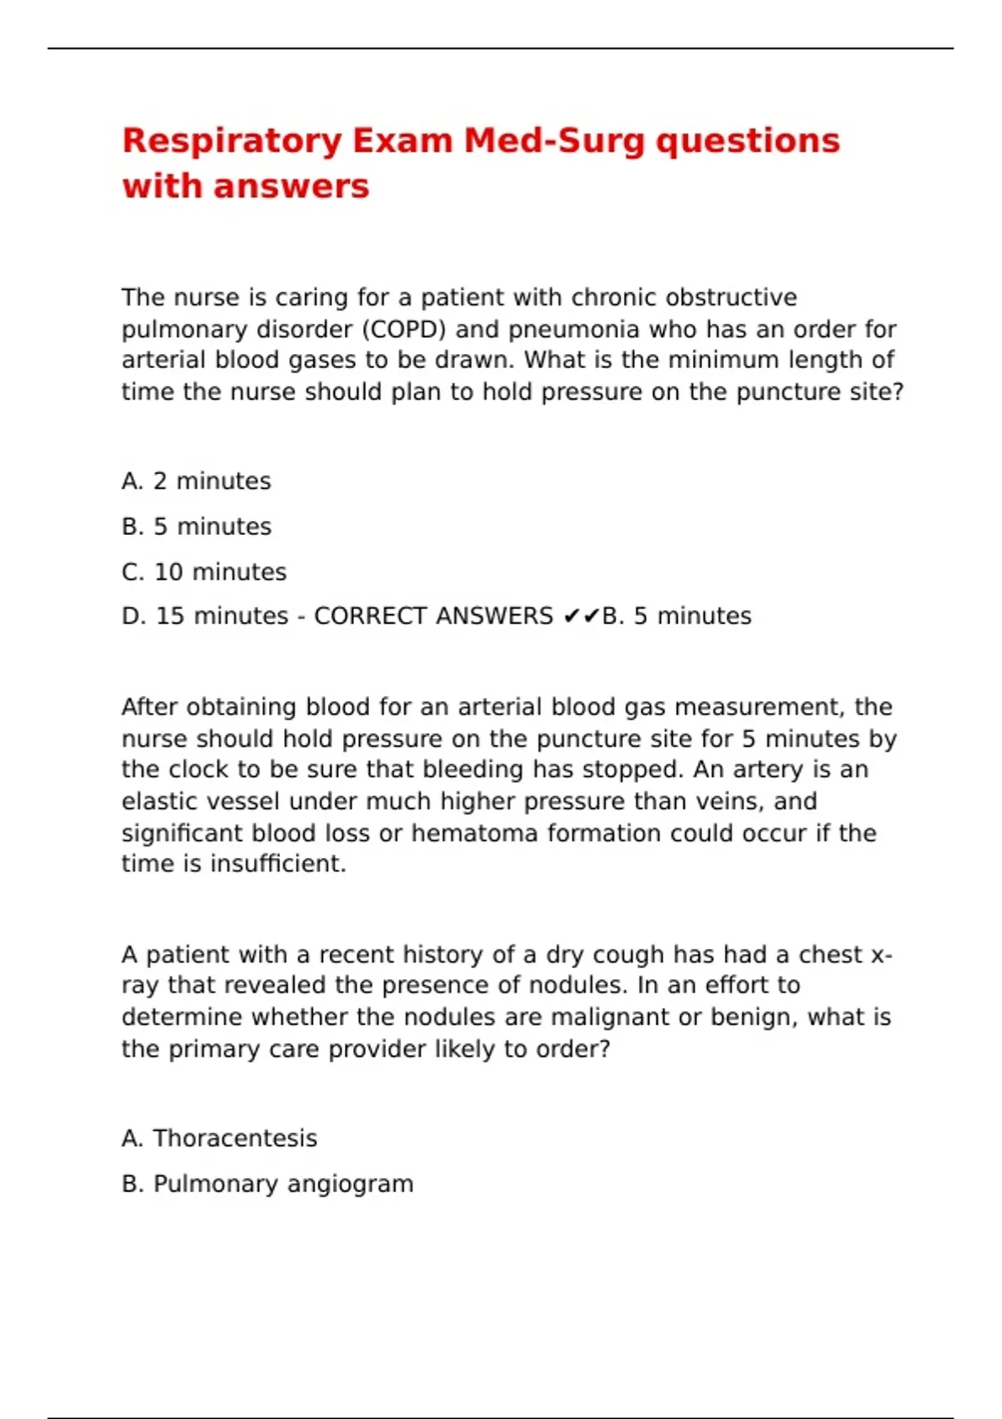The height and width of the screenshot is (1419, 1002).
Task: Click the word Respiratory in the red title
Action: pos(231,141)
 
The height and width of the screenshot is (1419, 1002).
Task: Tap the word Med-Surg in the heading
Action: pos(554,141)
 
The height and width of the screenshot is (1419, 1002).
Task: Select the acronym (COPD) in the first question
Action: pos(403,330)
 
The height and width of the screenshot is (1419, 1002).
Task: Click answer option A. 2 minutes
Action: pos(196,482)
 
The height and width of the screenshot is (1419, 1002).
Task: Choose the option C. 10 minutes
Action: pos(204,573)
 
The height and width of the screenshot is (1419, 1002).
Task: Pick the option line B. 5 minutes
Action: pos(196,527)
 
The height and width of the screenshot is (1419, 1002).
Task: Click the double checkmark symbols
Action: pos(582,617)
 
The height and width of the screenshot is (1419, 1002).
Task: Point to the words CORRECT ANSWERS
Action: pos(433,617)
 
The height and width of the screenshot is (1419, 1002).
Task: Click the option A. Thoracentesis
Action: pos(219,1139)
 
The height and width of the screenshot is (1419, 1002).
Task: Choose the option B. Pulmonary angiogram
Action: pos(267,1184)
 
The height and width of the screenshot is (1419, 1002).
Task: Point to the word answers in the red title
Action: pos(291,186)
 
